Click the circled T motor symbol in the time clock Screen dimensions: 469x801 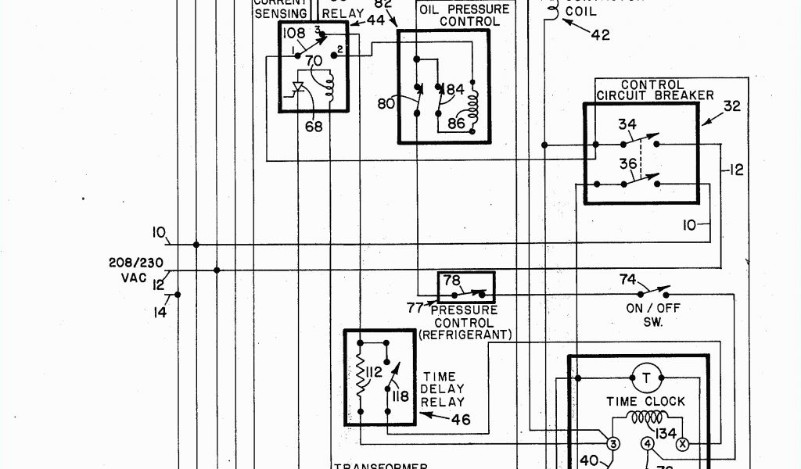646,378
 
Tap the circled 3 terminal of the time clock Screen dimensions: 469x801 613,444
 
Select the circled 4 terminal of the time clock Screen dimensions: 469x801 648,444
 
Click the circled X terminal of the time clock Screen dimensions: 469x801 682,444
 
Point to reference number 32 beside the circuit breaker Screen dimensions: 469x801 731,106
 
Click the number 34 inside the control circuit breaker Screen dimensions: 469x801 627,124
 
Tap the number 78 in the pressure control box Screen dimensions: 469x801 452,281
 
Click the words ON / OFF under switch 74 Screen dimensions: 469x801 653,308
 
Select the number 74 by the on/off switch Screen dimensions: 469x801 627,278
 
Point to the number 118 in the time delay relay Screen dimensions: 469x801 400,396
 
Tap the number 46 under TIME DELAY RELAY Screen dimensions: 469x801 460,420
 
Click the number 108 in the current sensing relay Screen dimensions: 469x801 293,33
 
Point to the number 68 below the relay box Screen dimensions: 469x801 313,127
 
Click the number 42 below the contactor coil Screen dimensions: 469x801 600,34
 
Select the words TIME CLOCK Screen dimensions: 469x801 645,401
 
